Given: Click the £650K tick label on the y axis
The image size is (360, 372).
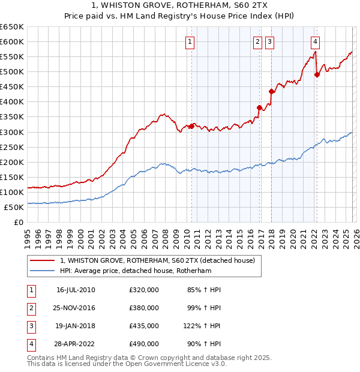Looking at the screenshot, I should tap(12, 27).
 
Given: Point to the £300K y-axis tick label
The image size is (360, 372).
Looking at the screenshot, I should tap(12, 132).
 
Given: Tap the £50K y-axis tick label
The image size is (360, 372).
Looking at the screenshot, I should tap(14, 207).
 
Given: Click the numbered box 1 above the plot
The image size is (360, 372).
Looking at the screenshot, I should tap(190, 42).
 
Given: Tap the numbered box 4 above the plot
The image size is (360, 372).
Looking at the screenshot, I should tap(315, 42).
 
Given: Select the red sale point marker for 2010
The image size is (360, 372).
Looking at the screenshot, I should tap(192, 126).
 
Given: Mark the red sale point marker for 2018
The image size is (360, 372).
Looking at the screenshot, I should tap(271, 92).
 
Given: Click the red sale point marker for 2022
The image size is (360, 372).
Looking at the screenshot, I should tap(317, 75).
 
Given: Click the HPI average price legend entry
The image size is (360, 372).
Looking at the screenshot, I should tap(145, 271).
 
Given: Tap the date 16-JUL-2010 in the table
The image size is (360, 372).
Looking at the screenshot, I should tap(76, 290).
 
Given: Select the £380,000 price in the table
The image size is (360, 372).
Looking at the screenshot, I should tap(144, 308).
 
